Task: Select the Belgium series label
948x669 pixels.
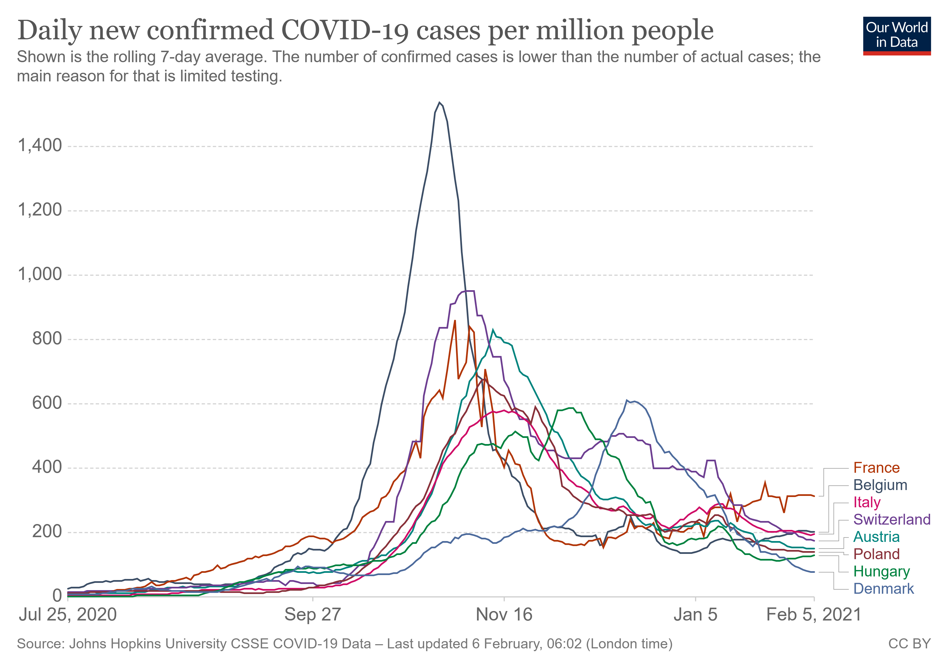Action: [x=880, y=485]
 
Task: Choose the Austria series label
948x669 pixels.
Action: [x=876, y=537]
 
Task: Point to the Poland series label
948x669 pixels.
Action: [x=876, y=554]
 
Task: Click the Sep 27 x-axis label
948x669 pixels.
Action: [x=313, y=615]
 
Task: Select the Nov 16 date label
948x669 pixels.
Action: [x=504, y=615]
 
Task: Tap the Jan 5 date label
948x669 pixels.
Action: [x=695, y=615]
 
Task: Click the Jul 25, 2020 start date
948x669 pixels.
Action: [x=68, y=615]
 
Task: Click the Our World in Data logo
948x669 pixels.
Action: [x=897, y=35]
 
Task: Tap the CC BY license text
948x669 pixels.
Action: [x=909, y=644]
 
